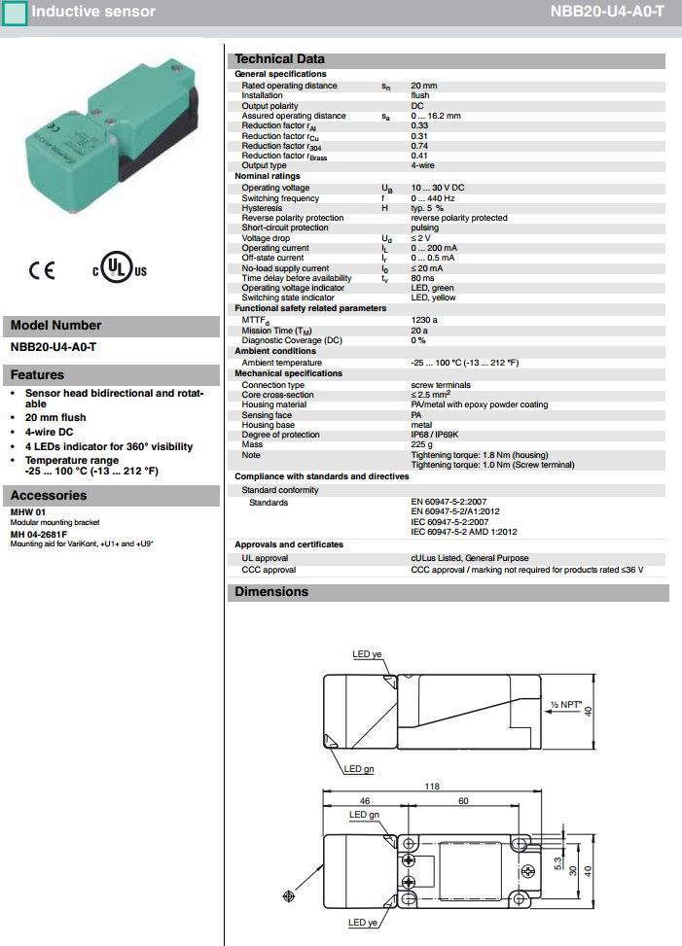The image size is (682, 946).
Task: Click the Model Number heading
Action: [x=55, y=326]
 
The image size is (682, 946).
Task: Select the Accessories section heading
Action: [x=50, y=496]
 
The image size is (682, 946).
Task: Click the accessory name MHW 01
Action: [x=28, y=512]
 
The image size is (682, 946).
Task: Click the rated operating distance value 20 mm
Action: [x=423, y=86]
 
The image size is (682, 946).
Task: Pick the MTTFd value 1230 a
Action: [x=425, y=319]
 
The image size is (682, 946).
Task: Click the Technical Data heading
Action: [x=280, y=59]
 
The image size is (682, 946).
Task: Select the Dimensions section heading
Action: [x=271, y=591]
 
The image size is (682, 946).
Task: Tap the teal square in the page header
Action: [x=15, y=14]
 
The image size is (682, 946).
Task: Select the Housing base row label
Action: [x=269, y=425]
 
